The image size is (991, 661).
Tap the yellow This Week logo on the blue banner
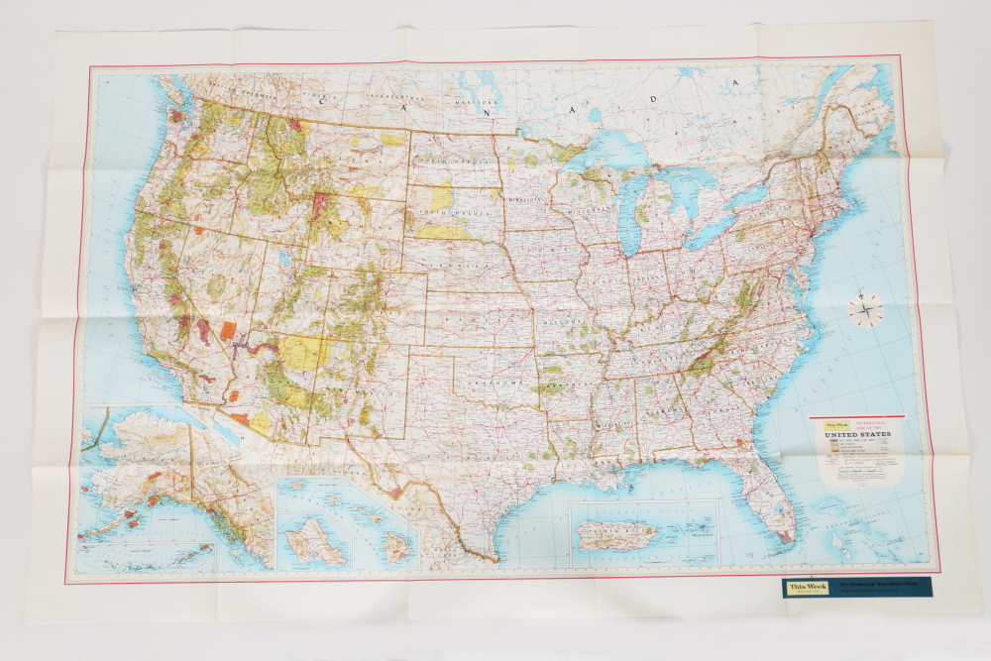803,588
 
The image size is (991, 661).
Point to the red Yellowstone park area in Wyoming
320,205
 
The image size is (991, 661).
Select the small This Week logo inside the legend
825,424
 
